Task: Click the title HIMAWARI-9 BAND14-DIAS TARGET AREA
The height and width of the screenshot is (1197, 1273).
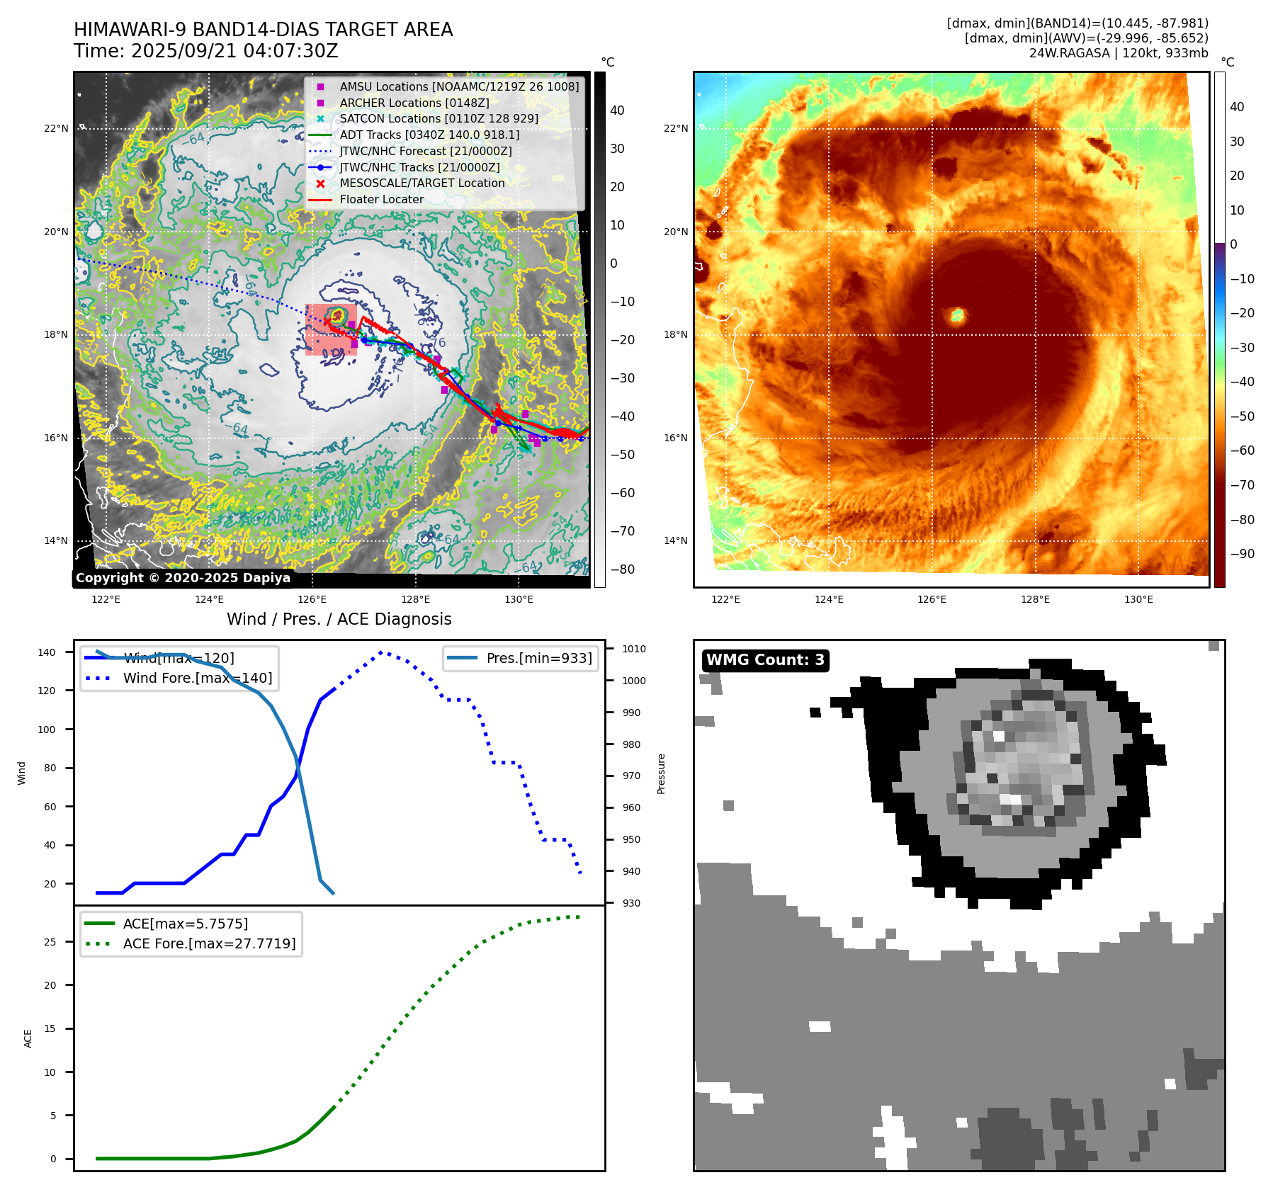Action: pyautogui.click(x=263, y=30)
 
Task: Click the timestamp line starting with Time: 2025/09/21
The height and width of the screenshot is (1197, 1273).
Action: pyautogui.click(x=205, y=51)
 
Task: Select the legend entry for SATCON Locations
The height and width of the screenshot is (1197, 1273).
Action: pyautogui.click(x=439, y=118)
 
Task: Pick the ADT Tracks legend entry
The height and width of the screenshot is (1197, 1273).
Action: pyautogui.click(x=429, y=135)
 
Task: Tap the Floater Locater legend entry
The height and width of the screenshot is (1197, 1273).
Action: pyautogui.click(x=381, y=199)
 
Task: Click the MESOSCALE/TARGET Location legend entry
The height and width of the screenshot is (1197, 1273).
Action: pyautogui.click(x=422, y=183)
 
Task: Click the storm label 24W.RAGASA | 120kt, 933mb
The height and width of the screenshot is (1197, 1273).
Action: pyautogui.click(x=1119, y=53)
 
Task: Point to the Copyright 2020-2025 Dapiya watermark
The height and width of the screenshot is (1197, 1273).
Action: pyautogui.click(x=183, y=578)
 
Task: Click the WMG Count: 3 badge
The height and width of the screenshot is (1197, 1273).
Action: pyautogui.click(x=765, y=660)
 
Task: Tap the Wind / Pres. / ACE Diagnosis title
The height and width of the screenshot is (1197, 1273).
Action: pyautogui.click(x=339, y=619)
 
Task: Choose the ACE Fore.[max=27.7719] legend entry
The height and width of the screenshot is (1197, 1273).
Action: pyautogui.click(x=209, y=943)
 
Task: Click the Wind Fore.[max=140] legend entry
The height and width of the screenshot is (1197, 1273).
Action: pyautogui.click(x=197, y=678)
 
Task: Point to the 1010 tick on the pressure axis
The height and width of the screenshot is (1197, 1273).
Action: pyautogui.click(x=633, y=649)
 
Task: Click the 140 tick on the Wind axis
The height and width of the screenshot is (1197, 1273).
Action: pyautogui.click(x=47, y=652)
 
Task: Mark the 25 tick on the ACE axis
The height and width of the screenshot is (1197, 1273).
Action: pyautogui.click(x=50, y=942)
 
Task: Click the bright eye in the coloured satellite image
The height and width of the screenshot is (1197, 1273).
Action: pyautogui.click(x=958, y=315)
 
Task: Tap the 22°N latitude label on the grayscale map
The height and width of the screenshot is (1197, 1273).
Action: pyautogui.click(x=57, y=128)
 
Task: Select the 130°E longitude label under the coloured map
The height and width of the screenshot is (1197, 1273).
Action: pyautogui.click(x=1138, y=599)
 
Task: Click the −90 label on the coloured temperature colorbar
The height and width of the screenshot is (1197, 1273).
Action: pyautogui.click(x=1242, y=554)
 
